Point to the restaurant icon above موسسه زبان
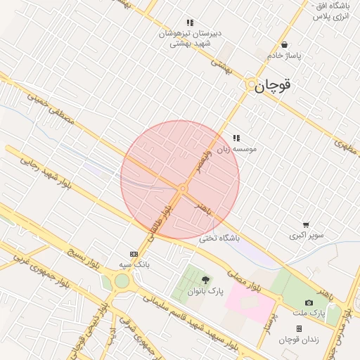coord(236,138)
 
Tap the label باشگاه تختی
coord(219,238)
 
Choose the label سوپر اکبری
coord(307,235)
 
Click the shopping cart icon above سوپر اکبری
coord(304,224)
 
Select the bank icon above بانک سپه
coord(134,254)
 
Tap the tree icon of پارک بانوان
coord(205,281)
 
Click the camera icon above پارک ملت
coord(309,302)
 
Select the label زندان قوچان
coord(299,340)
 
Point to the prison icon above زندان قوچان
coord(299,328)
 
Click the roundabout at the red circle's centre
coord(183,188)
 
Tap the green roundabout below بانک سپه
coord(122,282)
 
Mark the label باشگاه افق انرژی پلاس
coord(330,11)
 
